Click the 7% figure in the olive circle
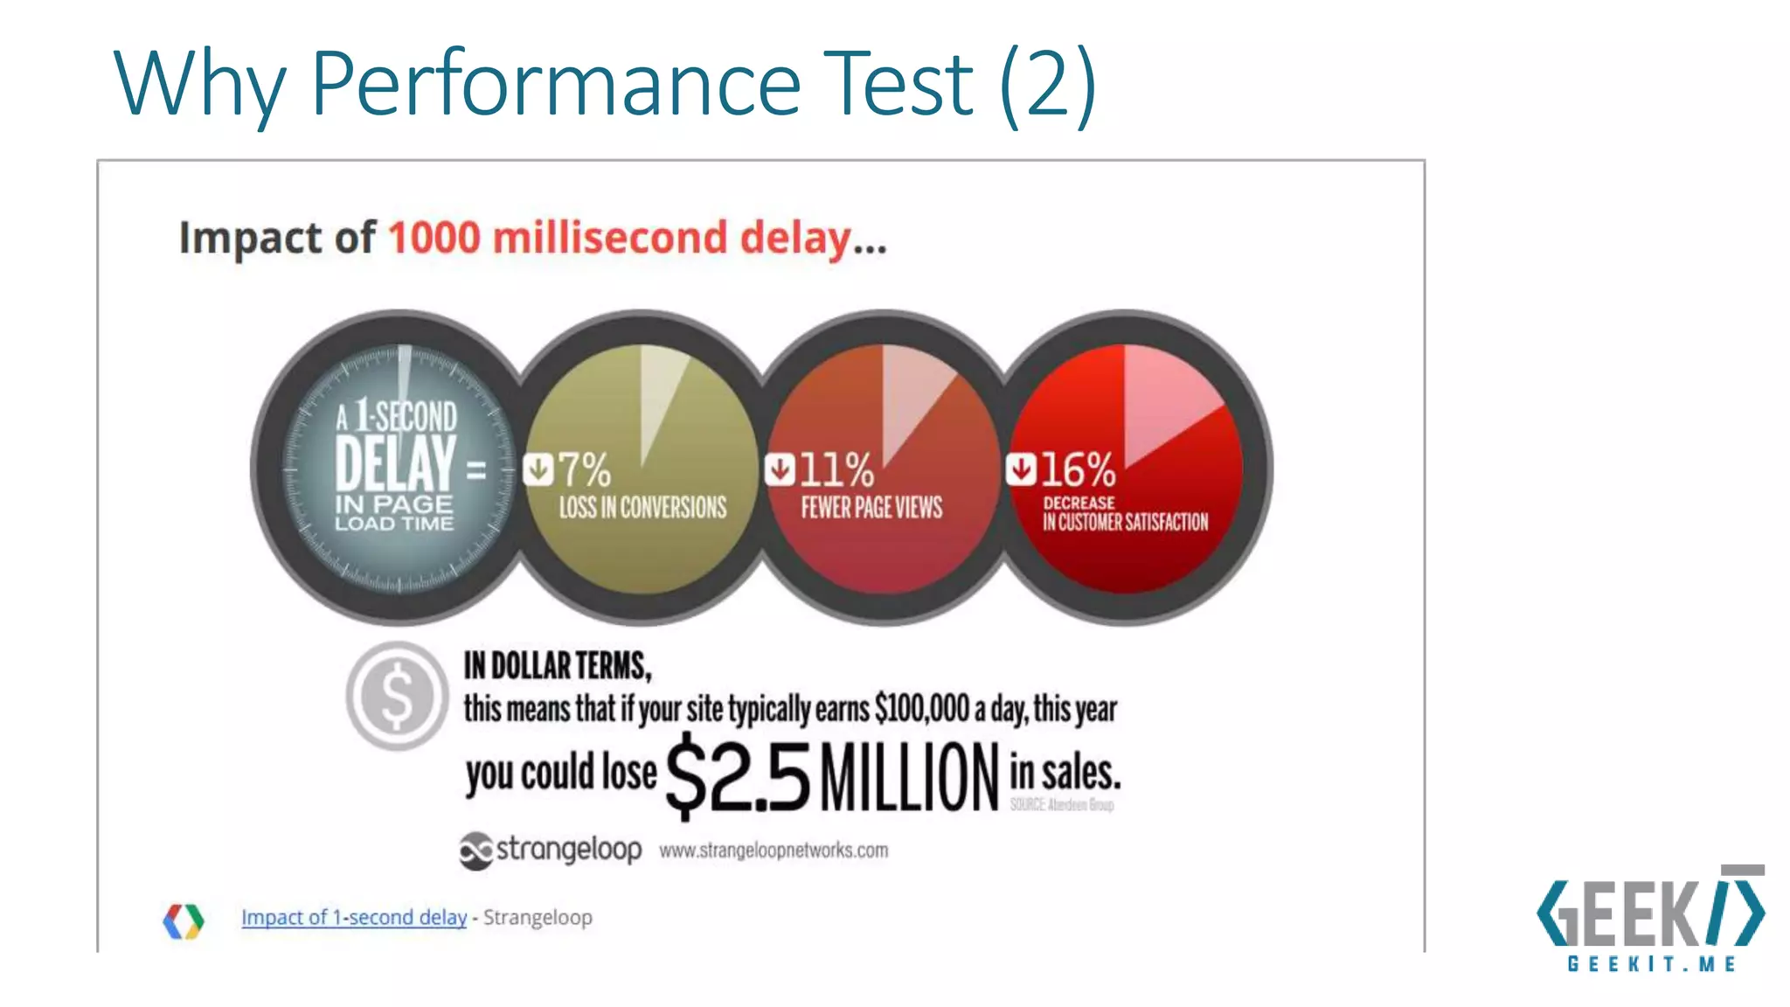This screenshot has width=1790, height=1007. point(584,470)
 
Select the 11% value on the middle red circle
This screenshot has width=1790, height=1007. point(836,470)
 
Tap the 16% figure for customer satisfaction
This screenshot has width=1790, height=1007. point(1078,470)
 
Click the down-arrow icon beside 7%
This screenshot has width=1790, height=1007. point(538,469)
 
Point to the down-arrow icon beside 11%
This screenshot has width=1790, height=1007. point(780,469)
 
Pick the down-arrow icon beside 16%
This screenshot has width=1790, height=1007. point(1020,469)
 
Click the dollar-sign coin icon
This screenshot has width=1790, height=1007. point(397,696)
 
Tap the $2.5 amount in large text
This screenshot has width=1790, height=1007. point(739,777)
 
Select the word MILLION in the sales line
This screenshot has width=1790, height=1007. point(909,777)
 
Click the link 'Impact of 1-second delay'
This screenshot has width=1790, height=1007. point(354,917)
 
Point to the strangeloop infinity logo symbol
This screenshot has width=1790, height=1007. point(476,851)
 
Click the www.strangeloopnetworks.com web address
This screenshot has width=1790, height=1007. point(774,851)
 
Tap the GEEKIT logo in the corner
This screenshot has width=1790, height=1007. point(1650,918)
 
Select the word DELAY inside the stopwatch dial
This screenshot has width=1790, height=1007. point(395,462)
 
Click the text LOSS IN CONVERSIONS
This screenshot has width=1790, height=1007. point(642,508)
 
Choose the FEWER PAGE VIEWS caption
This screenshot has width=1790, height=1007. point(871,508)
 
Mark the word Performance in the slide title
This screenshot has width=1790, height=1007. point(556,84)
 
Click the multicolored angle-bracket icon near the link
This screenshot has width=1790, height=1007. point(184,920)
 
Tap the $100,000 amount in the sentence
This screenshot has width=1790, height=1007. point(922,709)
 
